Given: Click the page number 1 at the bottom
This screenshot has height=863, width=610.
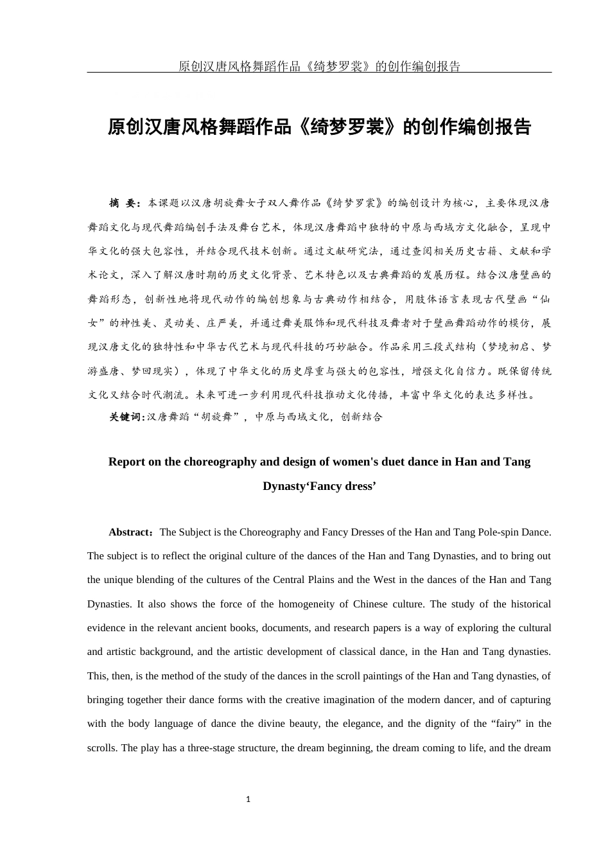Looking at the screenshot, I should [x=248, y=799].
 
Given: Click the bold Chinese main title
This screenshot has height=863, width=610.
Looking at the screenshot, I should [x=319, y=126].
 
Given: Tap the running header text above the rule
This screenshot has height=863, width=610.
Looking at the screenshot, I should [x=319, y=66].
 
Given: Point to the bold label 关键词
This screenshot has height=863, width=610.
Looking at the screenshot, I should [x=126, y=417].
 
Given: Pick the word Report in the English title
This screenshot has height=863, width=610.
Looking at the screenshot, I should [x=126, y=462].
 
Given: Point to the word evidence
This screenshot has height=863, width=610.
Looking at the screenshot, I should [x=107, y=628].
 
